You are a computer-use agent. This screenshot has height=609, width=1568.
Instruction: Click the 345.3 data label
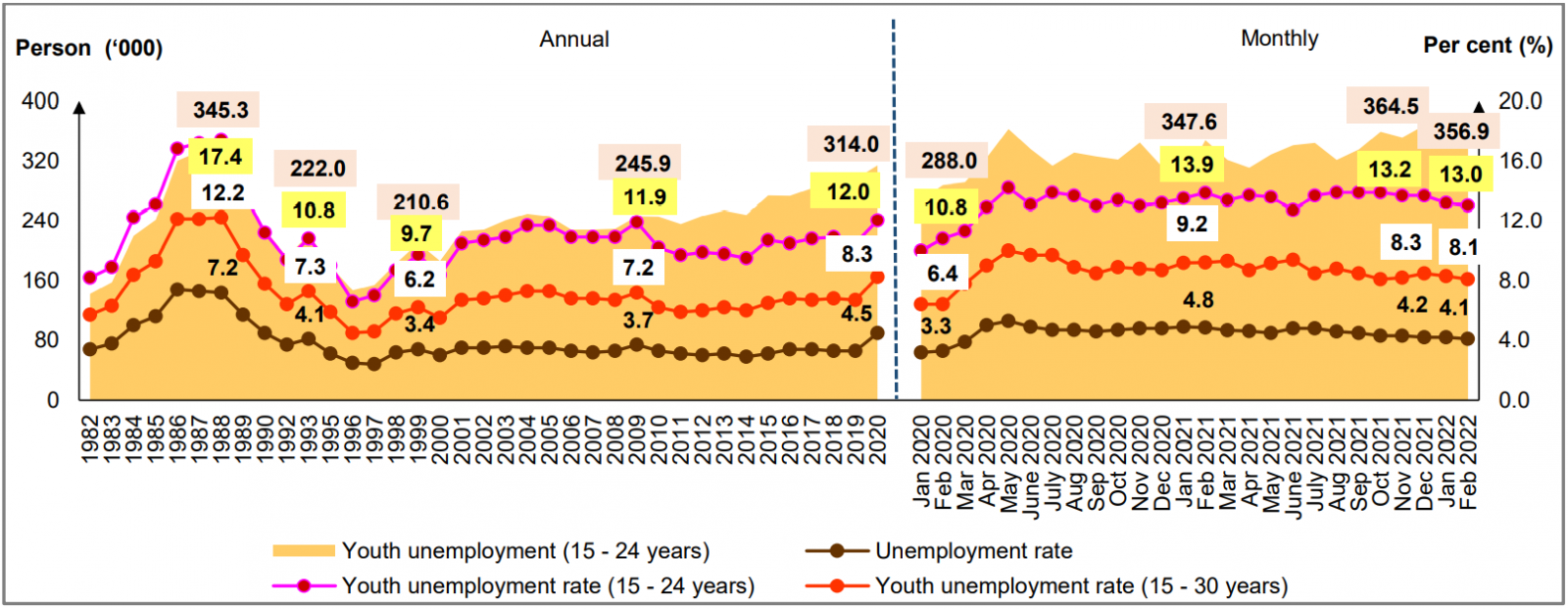(x=220, y=110)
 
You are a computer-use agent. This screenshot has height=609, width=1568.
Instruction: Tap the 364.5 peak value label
(x=1390, y=106)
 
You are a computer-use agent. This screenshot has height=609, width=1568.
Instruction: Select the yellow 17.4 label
(x=220, y=157)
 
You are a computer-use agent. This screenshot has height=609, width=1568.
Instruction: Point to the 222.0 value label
(x=317, y=169)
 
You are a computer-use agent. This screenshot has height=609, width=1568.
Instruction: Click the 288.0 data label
(x=948, y=161)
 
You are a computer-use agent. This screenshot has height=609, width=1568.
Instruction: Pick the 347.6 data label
(x=1189, y=122)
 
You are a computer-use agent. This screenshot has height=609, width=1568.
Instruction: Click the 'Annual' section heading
(x=574, y=39)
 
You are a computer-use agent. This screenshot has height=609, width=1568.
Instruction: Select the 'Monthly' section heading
(x=1279, y=38)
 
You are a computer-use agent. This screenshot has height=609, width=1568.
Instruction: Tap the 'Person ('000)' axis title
(x=89, y=48)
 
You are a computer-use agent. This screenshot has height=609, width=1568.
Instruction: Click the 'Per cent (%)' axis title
(x=1487, y=45)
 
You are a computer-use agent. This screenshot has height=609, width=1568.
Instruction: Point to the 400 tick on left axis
(x=40, y=101)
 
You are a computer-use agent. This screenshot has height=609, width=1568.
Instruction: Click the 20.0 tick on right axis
(x=1520, y=101)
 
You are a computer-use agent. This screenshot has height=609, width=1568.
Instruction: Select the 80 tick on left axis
(x=47, y=340)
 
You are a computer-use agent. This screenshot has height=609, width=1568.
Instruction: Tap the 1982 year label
(x=89, y=438)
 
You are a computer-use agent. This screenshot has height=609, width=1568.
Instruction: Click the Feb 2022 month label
(x=1467, y=462)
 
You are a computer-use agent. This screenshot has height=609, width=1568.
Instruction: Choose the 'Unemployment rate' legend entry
(x=973, y=551)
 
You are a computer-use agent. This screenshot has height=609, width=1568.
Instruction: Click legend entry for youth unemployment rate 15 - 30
(x=1081, y=586)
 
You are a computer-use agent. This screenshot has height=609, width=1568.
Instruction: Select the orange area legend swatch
(x=303, y=551)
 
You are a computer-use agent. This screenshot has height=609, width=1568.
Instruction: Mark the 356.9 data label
(x=1460, y=131)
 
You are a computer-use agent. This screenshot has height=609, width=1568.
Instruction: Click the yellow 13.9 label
(x=1192, y=164)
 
